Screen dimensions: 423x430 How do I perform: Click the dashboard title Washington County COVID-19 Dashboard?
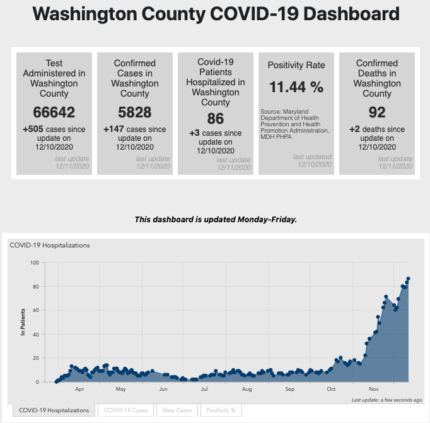(x=214, y=14)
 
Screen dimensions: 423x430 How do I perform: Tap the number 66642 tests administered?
(x=54, y=112)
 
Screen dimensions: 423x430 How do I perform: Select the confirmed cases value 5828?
(x=134, y=112)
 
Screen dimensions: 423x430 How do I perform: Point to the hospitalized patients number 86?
(x=215, y=117)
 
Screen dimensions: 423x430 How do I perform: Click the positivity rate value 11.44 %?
(x=296, y=87)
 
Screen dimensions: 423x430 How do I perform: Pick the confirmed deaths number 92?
(x=376, y=112)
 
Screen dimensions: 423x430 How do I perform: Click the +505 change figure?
(x=33, y=129)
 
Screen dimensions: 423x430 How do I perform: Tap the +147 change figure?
(x=114, y=129)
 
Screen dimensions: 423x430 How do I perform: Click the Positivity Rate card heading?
(x=296, y=65)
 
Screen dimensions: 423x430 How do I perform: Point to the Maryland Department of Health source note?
(x=294, y=121)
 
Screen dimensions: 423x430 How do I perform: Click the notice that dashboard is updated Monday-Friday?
(x=215, y=220)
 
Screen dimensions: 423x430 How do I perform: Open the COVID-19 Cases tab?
(x=126, y=410)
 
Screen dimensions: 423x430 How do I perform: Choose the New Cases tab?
(x=177, y=410)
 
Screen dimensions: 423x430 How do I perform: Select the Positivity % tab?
(x=221, y=410)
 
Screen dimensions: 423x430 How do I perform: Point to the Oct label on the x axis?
(x=332, y=390)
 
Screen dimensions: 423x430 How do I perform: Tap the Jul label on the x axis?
(x=204, y=390)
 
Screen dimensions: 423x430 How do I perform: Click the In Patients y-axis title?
(x=23, y=321)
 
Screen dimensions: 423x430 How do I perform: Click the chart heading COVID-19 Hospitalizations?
(x=50, y=245)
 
